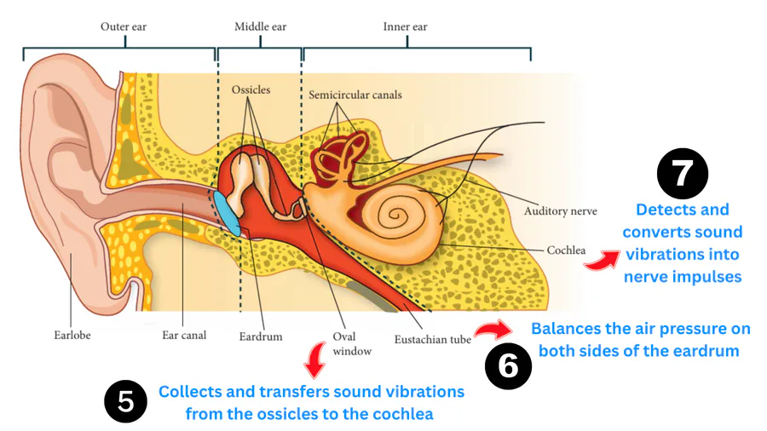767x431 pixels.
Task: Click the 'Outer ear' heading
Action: coord(124,27)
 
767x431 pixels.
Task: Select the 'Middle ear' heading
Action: coord(259,27)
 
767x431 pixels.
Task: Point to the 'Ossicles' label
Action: coord(251,90)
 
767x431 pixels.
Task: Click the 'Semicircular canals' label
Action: coord(355,95)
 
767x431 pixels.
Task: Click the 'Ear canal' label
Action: coord(184,336)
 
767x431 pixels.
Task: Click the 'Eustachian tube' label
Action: coord(433,340)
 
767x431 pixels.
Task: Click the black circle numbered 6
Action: coord(508,366)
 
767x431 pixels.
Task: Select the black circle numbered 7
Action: coord(683,173)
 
